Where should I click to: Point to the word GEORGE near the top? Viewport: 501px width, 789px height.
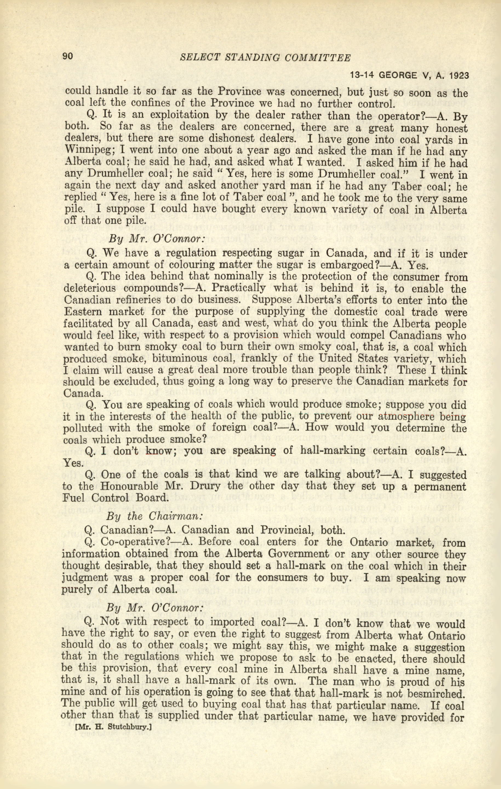click(x=398, y=75)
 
